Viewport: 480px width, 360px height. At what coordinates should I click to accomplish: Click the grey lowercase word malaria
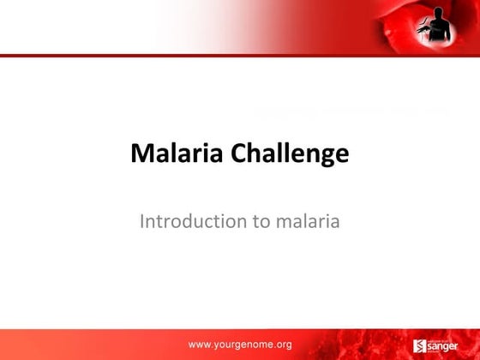pos(309,221)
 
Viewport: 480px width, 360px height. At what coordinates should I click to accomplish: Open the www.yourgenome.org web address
pos(240,345)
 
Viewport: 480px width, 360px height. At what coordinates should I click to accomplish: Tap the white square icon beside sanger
pos(420,346)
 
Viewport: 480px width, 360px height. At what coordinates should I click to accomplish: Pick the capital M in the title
pos(141,154)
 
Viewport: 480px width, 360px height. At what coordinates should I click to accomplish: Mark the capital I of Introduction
pos(141,221)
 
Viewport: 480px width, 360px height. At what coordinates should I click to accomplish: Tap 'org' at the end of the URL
pos(283,345)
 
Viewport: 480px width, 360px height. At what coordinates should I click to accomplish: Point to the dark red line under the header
pos(240,56)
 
